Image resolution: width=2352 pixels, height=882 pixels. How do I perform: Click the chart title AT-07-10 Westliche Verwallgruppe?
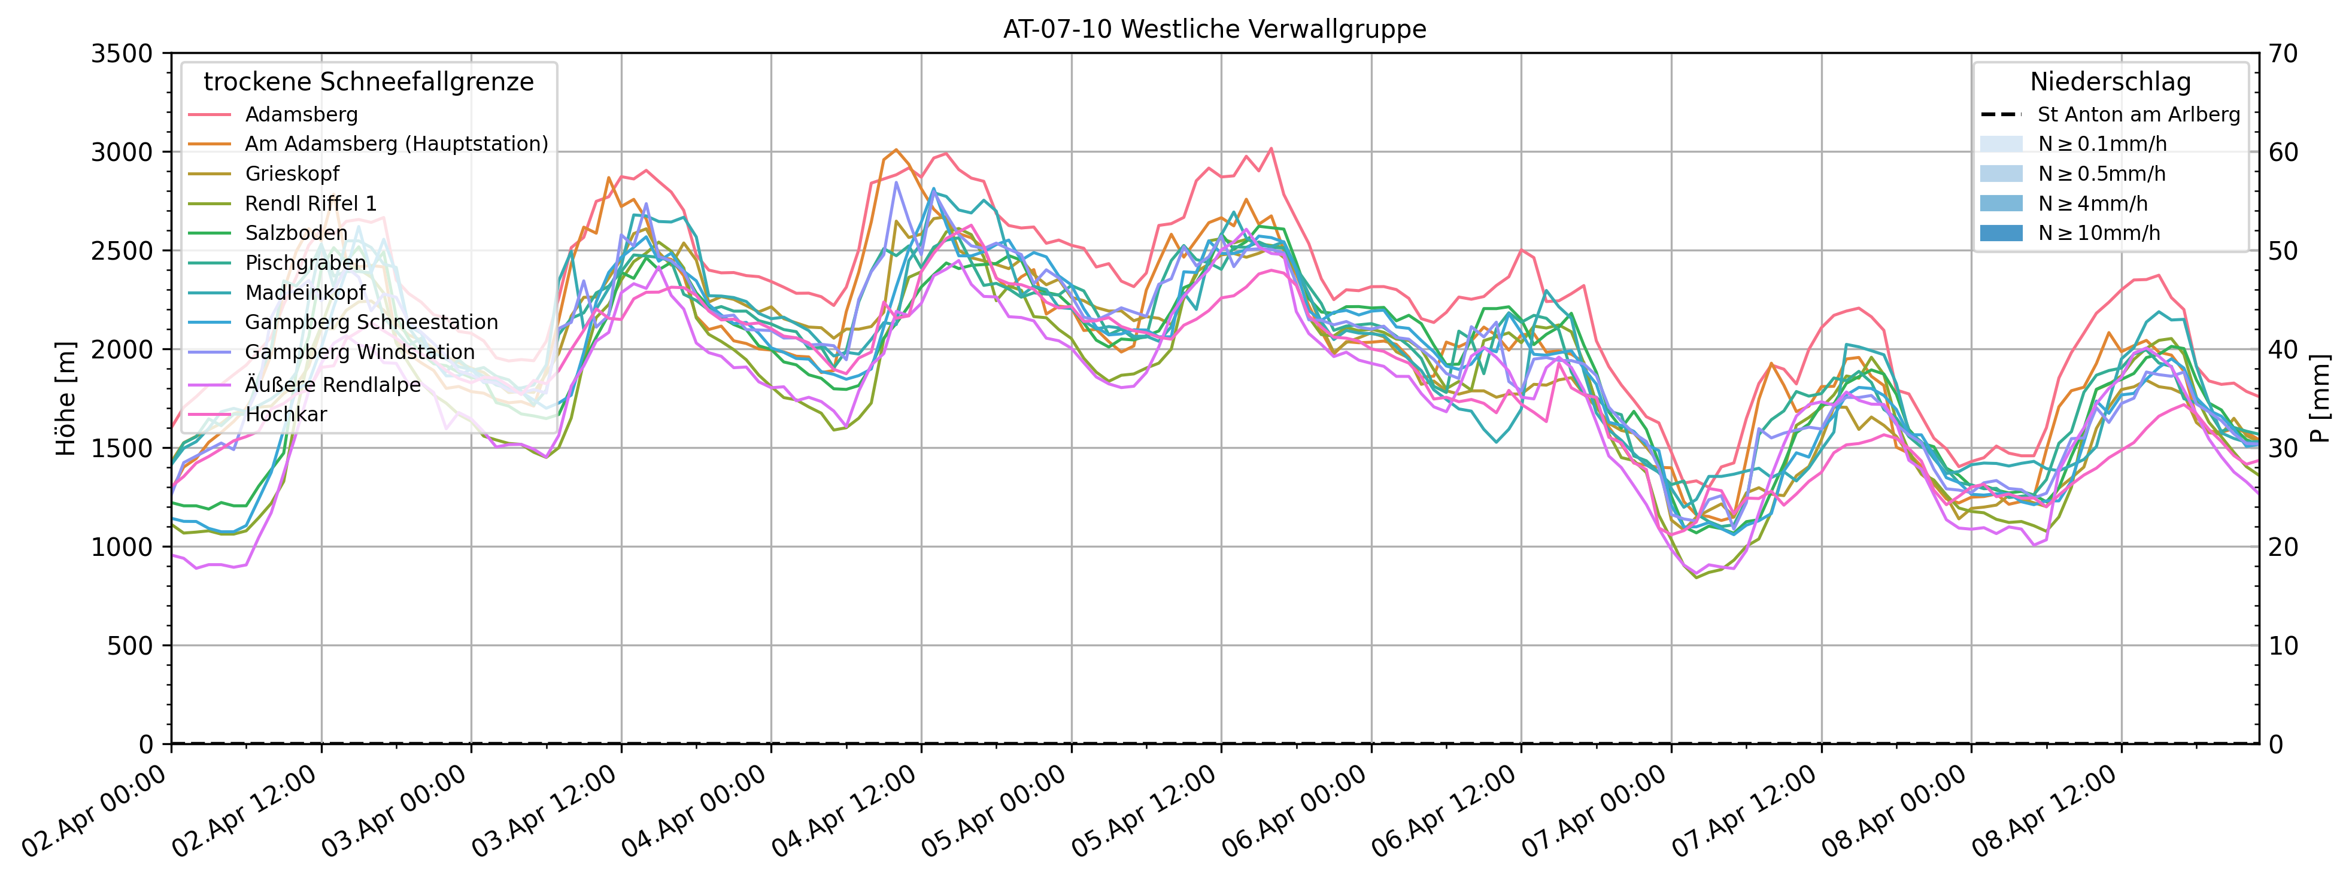click(x=1215, y=29)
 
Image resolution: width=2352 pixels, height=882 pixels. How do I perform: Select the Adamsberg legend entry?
click(x=301, y=115)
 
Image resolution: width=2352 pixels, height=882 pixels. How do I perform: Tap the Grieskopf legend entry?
click(x=292, y=174)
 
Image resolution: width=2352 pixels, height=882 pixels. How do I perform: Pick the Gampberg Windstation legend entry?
click(x=360, y=352)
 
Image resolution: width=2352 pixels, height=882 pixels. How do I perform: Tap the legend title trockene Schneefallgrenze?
click(x=369, y=82)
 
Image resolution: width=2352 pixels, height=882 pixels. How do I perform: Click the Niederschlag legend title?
click(x=2110, y=82)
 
